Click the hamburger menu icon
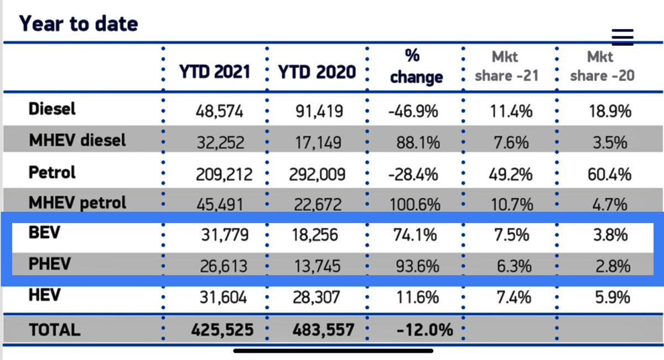(622, 37)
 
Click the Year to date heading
(79, 24)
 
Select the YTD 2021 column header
(214, 71)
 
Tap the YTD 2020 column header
(317, 71)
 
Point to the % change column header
(416, 66)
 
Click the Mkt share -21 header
(506, 66)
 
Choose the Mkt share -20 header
(602, 66)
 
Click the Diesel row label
(52, 109)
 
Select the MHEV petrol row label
(77, 202)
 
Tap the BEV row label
(44, 233)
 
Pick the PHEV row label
(50, 264)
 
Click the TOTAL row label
(54, 330)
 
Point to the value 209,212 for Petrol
(224, 175)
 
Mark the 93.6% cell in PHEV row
(416, 267)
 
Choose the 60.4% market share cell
(608, 175)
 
